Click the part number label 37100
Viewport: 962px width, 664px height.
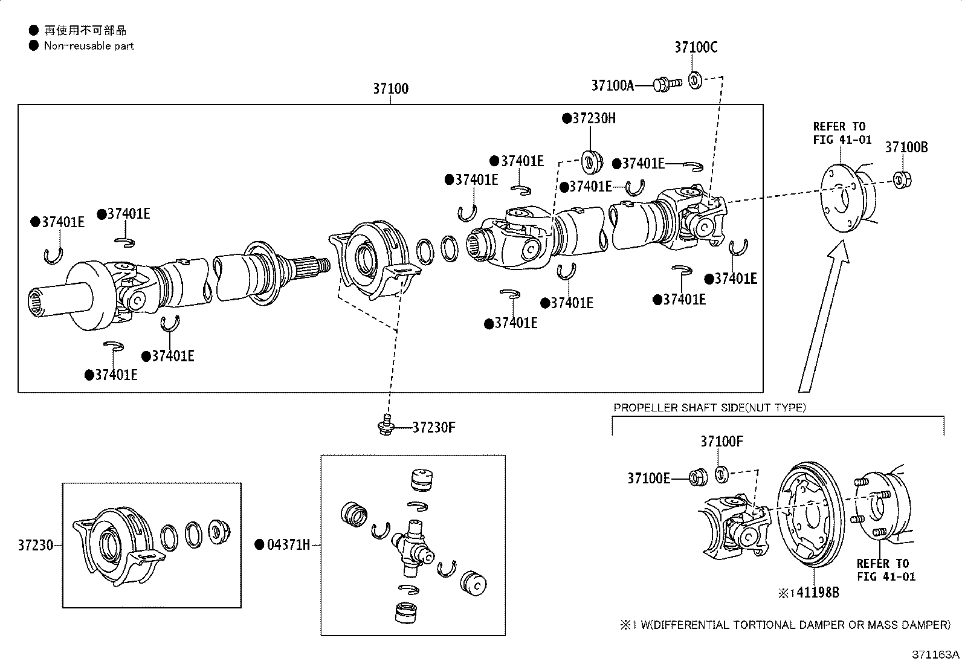390,88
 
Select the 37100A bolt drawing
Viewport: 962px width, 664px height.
667,84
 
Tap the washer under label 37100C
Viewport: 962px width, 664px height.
695,80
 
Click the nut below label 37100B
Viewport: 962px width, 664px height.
902,179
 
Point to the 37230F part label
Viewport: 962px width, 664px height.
434,427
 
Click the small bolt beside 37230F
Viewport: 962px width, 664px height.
386,425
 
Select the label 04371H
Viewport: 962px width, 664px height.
288,544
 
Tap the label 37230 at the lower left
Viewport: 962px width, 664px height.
35,545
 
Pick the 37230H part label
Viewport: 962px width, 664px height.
594,118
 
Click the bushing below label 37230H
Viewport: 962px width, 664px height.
592,163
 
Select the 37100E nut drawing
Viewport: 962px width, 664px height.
698,477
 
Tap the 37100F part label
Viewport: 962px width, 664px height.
721,442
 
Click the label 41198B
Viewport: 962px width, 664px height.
818,593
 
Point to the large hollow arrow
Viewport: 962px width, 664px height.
823,316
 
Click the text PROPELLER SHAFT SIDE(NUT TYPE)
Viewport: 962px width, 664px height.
709,408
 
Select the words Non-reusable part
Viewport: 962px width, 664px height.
89,46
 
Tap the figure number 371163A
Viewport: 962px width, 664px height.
935,654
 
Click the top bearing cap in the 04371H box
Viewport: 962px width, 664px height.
422,480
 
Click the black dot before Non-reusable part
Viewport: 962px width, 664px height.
33,45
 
